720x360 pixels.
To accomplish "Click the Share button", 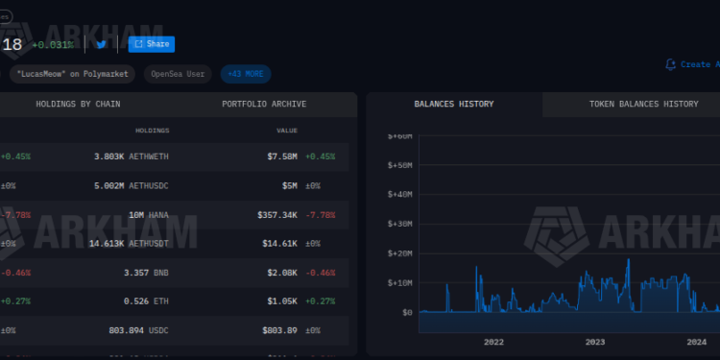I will [152, 44].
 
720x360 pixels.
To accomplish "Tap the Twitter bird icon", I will [102, 44].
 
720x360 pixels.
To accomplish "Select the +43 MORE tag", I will [246, 74].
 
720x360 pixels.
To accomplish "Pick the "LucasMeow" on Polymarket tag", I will [73, 74].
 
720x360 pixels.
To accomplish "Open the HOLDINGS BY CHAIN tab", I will [78, 104].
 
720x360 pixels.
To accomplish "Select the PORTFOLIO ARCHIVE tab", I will [264, 104].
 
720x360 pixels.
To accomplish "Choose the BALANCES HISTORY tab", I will [454, 104].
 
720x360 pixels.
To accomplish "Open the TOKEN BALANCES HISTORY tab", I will [630, 104].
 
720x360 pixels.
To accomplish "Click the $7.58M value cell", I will [282, 156].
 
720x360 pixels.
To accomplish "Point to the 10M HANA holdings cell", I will [146, 215].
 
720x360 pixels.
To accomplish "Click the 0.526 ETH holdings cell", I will [147, 301].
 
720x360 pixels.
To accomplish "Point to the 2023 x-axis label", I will [595, 342].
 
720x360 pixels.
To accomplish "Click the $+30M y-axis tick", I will [399, 224].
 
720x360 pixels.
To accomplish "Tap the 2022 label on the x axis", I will [493, 342].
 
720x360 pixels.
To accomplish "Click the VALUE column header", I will [287, 131].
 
